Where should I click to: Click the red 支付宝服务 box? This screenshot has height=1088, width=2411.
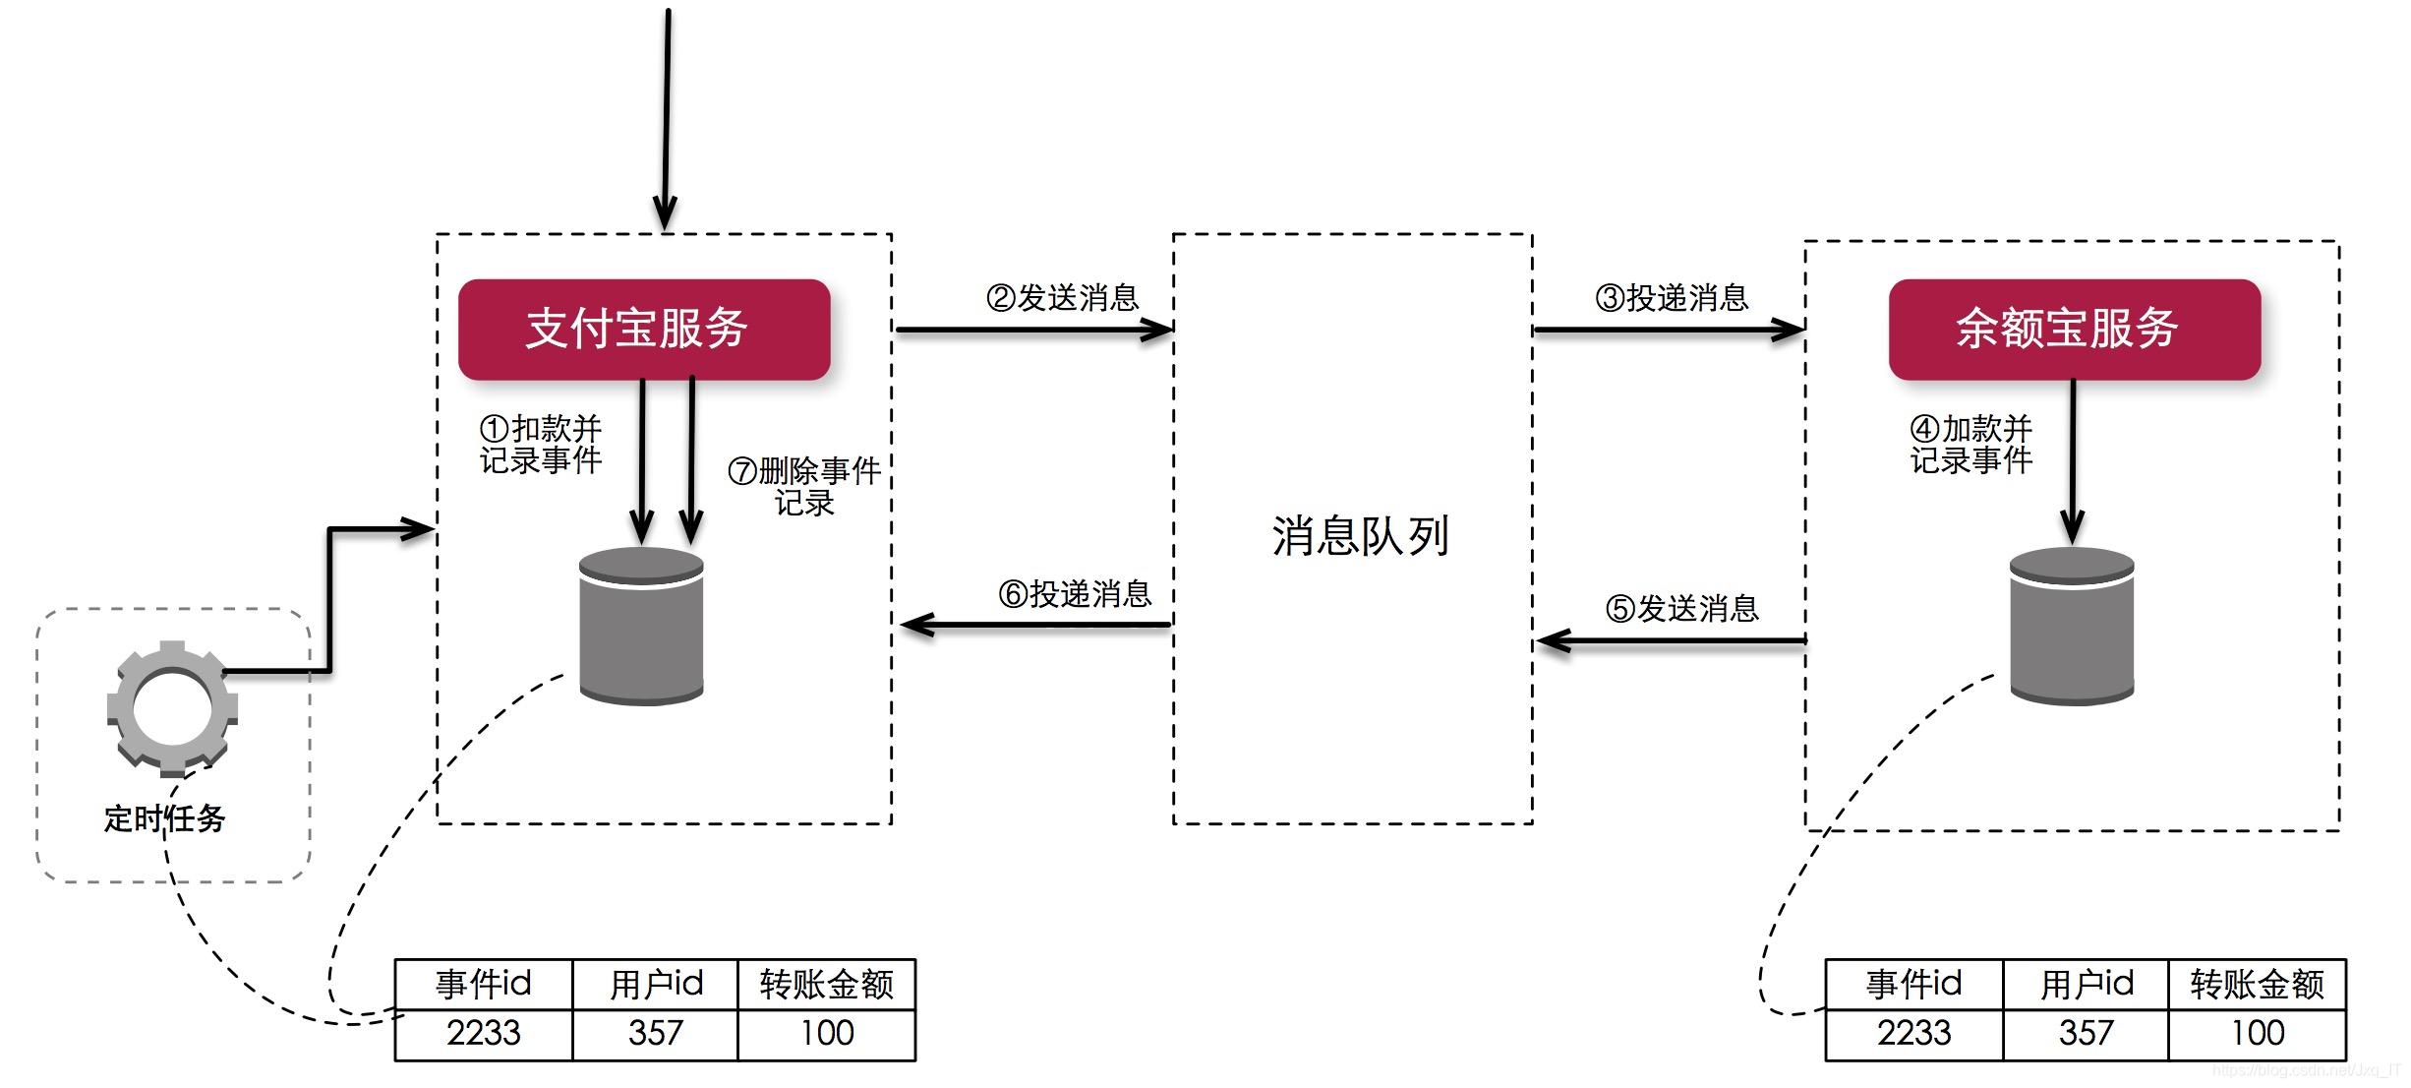(x=644, y=329)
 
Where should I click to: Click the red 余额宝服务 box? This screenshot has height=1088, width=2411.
(x=2074, y=329)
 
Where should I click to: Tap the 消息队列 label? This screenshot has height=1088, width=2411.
(x=1360, y=536)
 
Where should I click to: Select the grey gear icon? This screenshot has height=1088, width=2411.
(x=172, y=707)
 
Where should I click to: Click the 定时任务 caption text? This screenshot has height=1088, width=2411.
(x=164, y=817)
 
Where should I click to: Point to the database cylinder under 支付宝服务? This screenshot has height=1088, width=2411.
(x=641, y=626)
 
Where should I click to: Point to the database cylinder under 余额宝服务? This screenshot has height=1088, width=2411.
(x=2072, y=626)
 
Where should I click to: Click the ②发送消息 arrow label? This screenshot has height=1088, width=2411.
(x=1062, y=297)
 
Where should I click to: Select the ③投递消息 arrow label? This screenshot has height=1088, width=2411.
(x=1672, y=297)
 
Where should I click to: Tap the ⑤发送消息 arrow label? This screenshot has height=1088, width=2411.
(x=1682, y=608)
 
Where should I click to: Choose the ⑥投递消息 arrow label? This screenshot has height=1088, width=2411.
(x=1075, y=593)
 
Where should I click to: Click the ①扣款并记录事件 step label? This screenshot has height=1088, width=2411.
(x=541, y=444)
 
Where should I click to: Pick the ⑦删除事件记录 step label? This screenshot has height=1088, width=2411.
(x=804, y=486)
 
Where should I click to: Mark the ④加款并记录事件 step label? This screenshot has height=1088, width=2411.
(x=1971, y=444)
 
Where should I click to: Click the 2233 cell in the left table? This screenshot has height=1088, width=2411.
(x=483, y=1033)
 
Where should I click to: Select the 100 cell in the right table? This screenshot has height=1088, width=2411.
(x=2258, y=1033)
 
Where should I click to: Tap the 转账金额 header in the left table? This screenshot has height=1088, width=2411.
(x=826, y=984)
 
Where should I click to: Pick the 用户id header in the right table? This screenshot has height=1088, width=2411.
(x=2087, y=984)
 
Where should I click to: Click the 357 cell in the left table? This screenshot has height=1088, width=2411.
(x=655, y=1033)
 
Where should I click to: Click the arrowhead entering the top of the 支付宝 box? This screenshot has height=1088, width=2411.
(x=666, y=214)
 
